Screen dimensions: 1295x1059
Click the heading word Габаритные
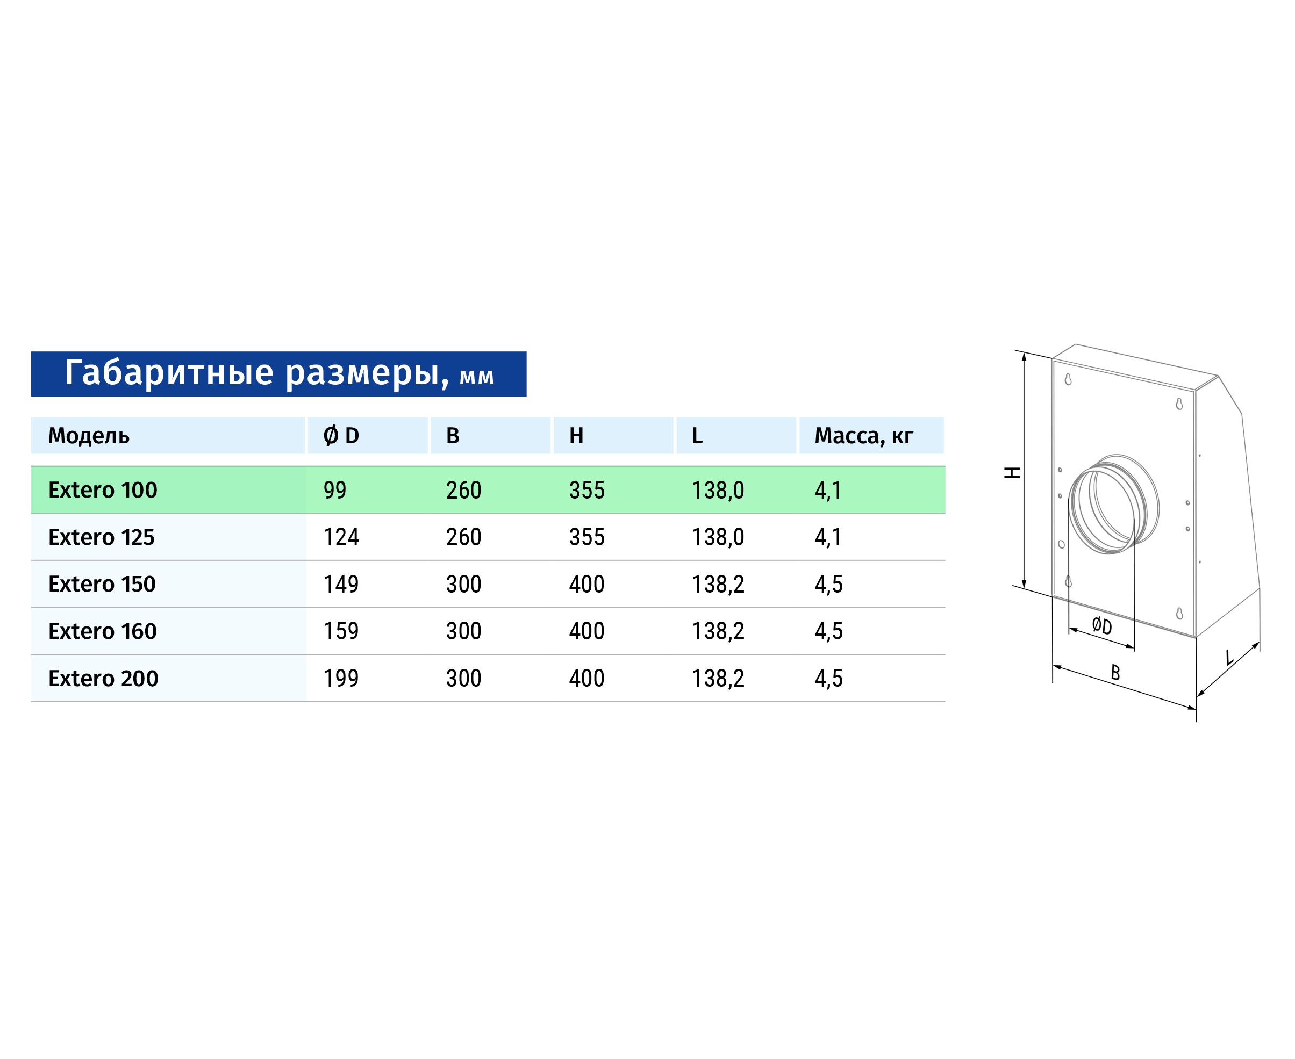pos(169,373)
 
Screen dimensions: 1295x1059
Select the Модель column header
pos(89,436)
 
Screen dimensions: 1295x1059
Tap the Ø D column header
pos(341,436)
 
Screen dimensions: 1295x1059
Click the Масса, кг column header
pos(863,436)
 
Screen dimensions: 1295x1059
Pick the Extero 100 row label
pos(103,490)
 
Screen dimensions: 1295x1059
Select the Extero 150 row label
pos(102,584)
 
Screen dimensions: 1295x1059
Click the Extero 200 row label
pos(103,678)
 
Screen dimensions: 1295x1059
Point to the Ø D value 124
pos(341,537)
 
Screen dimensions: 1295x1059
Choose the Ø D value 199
pos(341,678)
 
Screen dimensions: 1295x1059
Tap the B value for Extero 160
pos(464,631)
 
